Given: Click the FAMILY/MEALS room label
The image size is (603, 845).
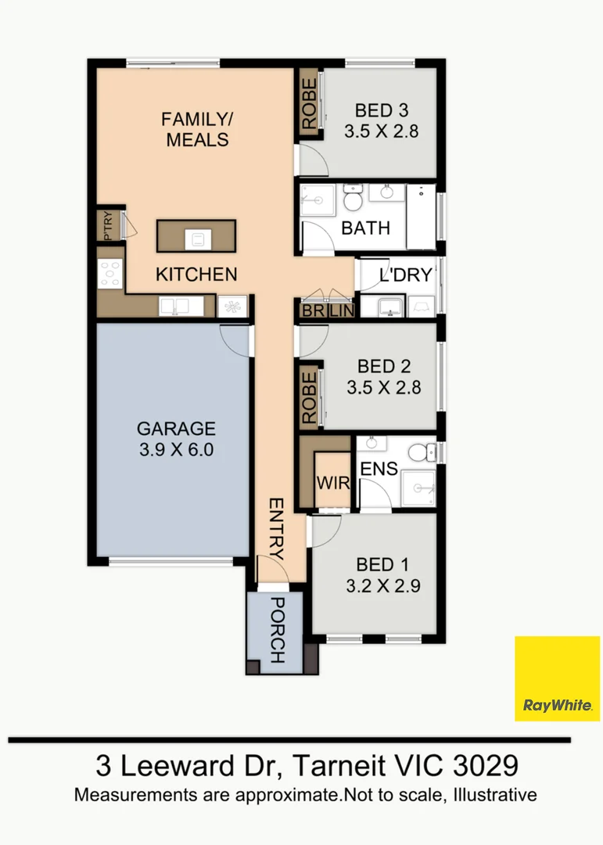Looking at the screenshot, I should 196,130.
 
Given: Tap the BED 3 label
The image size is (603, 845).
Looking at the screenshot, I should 381,110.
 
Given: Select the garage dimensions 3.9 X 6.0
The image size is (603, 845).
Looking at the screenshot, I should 175,449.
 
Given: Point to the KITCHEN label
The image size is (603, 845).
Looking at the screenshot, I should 196,275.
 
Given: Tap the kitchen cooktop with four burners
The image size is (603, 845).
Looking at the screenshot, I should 109,273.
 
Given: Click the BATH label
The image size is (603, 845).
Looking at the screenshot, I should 365,228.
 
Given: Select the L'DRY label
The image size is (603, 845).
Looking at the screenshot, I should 405,275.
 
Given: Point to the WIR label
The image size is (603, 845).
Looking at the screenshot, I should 332,483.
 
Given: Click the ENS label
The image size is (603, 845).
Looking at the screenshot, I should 379,469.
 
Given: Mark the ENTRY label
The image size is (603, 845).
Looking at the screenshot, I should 276,528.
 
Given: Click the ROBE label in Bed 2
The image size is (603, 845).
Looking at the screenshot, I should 310,397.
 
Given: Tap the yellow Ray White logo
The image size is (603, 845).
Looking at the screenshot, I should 556,678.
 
